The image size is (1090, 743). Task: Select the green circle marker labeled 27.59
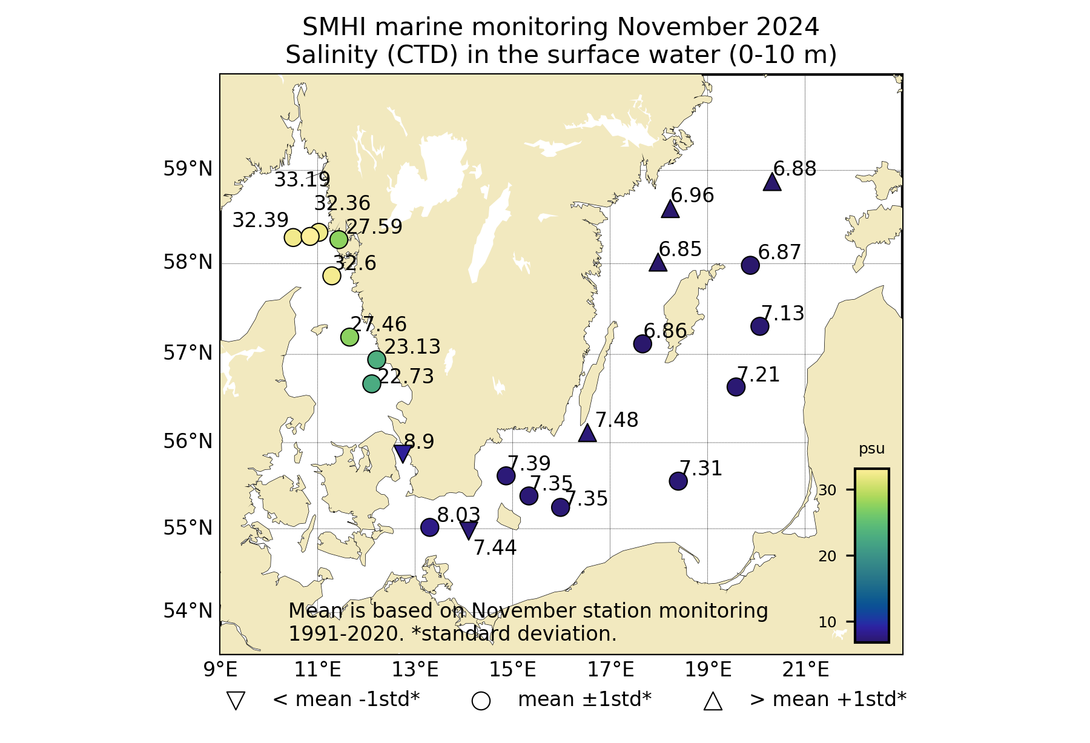tap(339, 239)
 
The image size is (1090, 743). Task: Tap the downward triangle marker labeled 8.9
tap(403, 452)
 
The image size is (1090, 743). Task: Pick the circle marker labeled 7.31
tap(678, 481)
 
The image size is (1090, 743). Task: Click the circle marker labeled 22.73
tap(371, 383)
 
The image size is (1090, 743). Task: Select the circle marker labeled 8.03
tap(429, 527)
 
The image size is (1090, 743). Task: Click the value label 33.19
tap(302, 180)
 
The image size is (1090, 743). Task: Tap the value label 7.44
tap(495, 548)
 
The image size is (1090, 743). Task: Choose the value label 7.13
tap(782, 314)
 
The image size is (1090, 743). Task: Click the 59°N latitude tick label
tap(188, 169)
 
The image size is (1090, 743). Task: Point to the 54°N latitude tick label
tap(188, 611)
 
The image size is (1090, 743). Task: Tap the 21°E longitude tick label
tap(805, 670)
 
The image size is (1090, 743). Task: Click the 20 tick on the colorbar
tap(827, 556)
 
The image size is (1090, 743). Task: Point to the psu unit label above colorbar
tap(871, 449)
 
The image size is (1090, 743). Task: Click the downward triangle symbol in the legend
tap(236, 701)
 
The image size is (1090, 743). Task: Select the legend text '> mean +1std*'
tap(828, 699)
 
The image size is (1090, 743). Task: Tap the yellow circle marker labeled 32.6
tap(332, 276)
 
